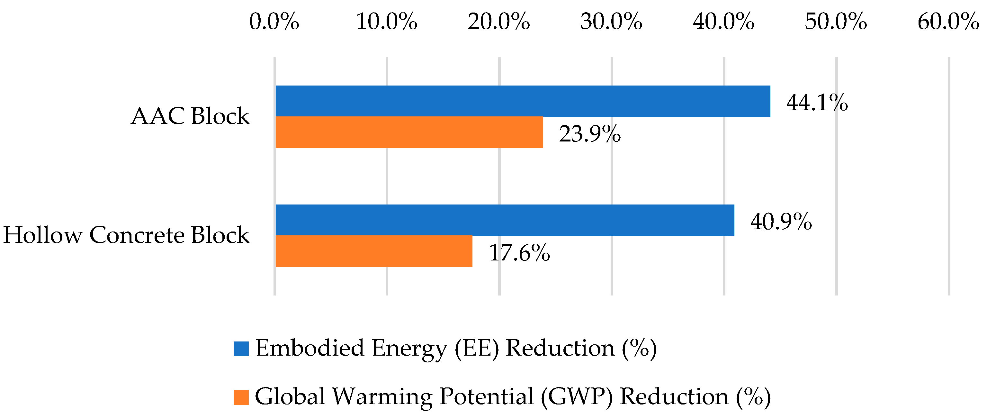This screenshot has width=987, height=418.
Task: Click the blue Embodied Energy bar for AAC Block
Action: [x=523, y=101]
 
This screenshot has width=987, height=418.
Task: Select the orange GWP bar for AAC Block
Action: [x=409, y=132]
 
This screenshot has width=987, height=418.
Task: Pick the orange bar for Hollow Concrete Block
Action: [x=374, y=251]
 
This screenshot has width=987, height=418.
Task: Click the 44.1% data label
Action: [x=817, y=103]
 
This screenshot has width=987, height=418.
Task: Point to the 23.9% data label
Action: [x=590, y=134]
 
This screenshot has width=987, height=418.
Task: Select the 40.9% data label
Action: [x=781, y=222]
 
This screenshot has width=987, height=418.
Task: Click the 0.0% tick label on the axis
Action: [x=274, y=21]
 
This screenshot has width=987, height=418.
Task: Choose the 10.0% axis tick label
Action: [x=387, y=21]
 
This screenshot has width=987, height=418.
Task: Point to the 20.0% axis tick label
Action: [x=499, y=21]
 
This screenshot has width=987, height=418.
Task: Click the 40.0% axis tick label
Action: [x=724, y=21]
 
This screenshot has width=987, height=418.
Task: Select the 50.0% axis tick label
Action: [x=836, y=21]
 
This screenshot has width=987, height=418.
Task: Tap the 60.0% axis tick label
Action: [x=949, y=21]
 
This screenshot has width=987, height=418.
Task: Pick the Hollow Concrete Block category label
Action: [x=126, y=235]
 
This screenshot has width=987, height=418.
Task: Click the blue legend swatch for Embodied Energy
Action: [x=241, y=349]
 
